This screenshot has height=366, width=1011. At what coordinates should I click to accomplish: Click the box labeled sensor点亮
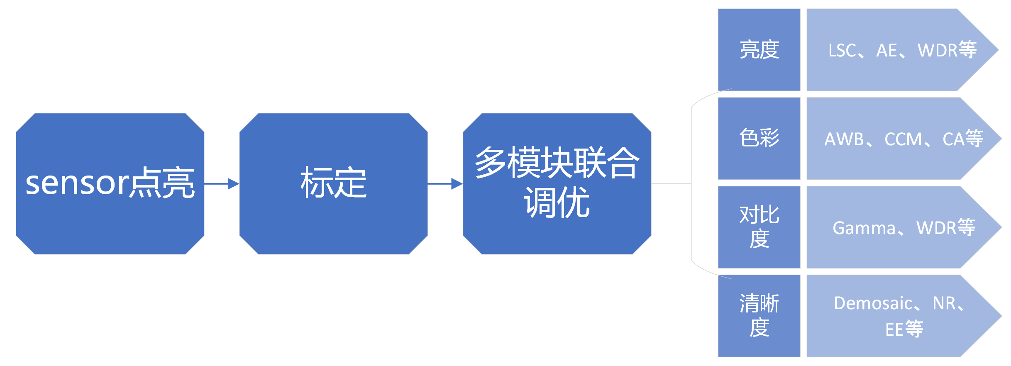tap(110, 183)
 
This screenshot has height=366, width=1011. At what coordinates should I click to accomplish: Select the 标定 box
tap(333, 183)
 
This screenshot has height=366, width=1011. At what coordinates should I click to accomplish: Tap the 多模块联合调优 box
tap(557, 183)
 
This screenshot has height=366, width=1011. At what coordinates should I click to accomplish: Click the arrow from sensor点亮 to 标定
tap(222, 183)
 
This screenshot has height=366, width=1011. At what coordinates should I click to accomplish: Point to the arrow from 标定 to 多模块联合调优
tap(445, 183)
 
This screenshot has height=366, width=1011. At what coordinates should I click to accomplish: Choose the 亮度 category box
tap(759, 50)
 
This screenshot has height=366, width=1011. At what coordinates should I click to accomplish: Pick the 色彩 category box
tap(759, 138)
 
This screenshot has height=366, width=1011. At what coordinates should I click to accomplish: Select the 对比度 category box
tap(759, 227)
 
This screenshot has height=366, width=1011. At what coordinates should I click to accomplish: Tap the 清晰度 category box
tap(759, 316)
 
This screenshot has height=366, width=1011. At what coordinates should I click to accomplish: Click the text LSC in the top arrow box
tap(842, 51)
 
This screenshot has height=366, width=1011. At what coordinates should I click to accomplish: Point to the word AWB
tap(844, 139)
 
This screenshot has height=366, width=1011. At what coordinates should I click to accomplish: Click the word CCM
tap(903, 139)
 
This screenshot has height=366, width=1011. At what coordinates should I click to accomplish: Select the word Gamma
tap(864, 228)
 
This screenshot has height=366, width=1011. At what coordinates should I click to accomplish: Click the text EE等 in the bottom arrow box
tap(904, 329)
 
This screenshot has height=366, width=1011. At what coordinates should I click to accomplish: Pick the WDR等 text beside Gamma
tap(946, 228)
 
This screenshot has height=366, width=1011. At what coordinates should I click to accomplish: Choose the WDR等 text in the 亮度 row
tap(947, 50)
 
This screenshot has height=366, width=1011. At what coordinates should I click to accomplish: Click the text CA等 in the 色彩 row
tap(963, 139)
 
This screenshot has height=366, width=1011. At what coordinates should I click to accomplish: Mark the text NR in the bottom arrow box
tap(944, 303)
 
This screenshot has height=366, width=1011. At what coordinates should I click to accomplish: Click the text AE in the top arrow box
tap(886, 51)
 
